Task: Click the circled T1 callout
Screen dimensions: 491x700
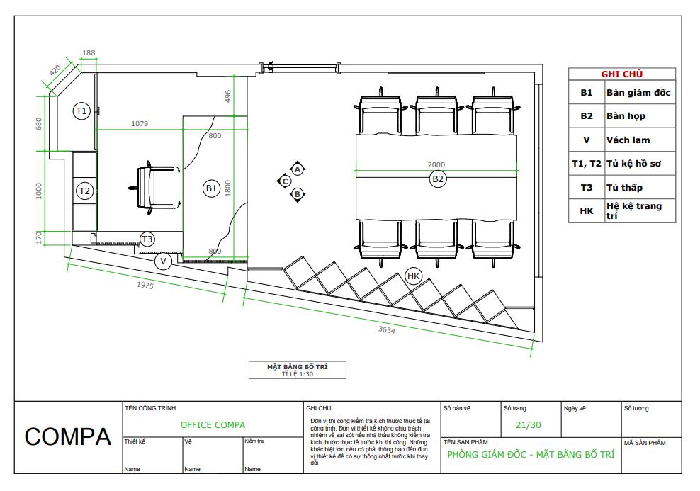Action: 81,111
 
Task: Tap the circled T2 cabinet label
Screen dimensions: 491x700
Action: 84,191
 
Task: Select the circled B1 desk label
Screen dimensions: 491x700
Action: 211,188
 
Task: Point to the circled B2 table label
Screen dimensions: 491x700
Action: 438,180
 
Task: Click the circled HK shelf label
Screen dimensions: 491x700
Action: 414,275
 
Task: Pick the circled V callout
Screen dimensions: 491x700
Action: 164,261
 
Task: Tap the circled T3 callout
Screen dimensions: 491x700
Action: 147,239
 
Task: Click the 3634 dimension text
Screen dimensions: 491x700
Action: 387,331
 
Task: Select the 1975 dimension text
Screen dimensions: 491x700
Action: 145,285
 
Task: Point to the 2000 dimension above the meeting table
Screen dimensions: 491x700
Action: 436,165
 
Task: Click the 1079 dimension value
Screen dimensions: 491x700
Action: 140,124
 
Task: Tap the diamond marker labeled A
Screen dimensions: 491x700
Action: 298,169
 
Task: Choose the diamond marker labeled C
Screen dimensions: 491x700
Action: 284,181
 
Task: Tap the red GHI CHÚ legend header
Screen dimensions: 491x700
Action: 622,74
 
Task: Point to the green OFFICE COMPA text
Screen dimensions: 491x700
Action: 213,424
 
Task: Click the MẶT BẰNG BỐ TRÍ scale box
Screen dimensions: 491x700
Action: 296,370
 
